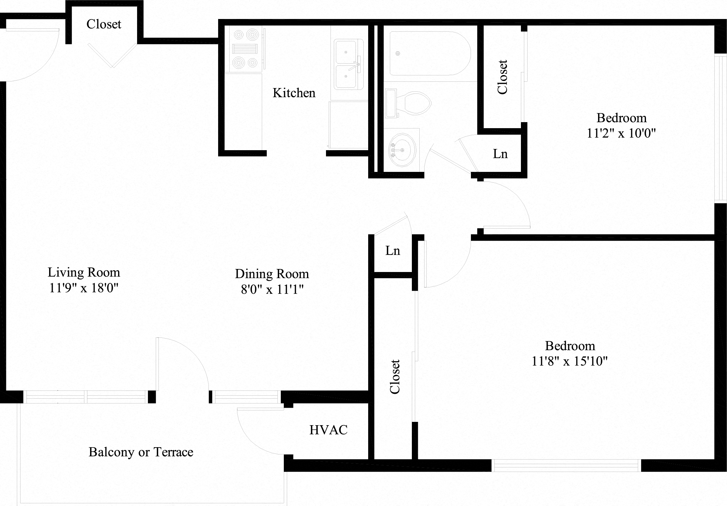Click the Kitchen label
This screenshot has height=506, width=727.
(x=294, y=93)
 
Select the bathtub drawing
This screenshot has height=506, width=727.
(x=429, y=53)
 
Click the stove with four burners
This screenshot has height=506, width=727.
(x=245, y=49)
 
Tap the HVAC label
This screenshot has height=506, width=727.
(x=328, y=430)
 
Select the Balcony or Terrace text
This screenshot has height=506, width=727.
(x=141, y=452)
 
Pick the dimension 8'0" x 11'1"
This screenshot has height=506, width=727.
(x=272, y=289)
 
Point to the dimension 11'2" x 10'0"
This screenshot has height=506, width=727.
(x=621, y=133)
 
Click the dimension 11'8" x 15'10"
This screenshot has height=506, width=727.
(x=569, y=361)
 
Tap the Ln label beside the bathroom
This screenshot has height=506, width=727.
(x=500, y=154)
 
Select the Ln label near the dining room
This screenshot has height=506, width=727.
(x=393, y=251)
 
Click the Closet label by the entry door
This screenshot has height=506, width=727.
(x=104, y=24)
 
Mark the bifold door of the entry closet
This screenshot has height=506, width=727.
(x=112, y=56)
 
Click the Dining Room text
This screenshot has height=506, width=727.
(x=272, y=274)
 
